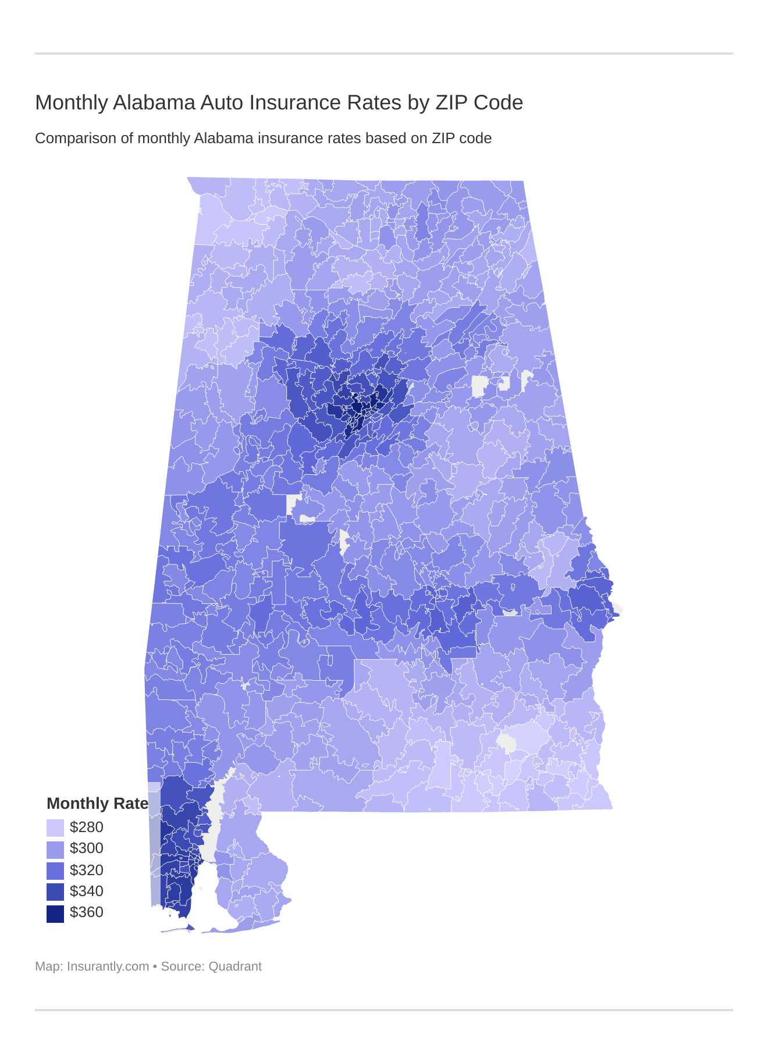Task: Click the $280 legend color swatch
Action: coord(55,827)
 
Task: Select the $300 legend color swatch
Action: coord(55,849)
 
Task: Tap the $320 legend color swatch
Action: coord(55,870)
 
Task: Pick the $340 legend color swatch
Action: coord(55,891)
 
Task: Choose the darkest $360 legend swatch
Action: coord(55,913)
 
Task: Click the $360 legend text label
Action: coord(86,912)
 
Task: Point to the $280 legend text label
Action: coord(86,827)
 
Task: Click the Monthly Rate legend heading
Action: coord(97,804)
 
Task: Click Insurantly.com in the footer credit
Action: coord(108,966)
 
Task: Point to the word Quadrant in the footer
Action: coord(235,966)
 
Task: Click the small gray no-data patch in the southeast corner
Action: coord(507,744)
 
